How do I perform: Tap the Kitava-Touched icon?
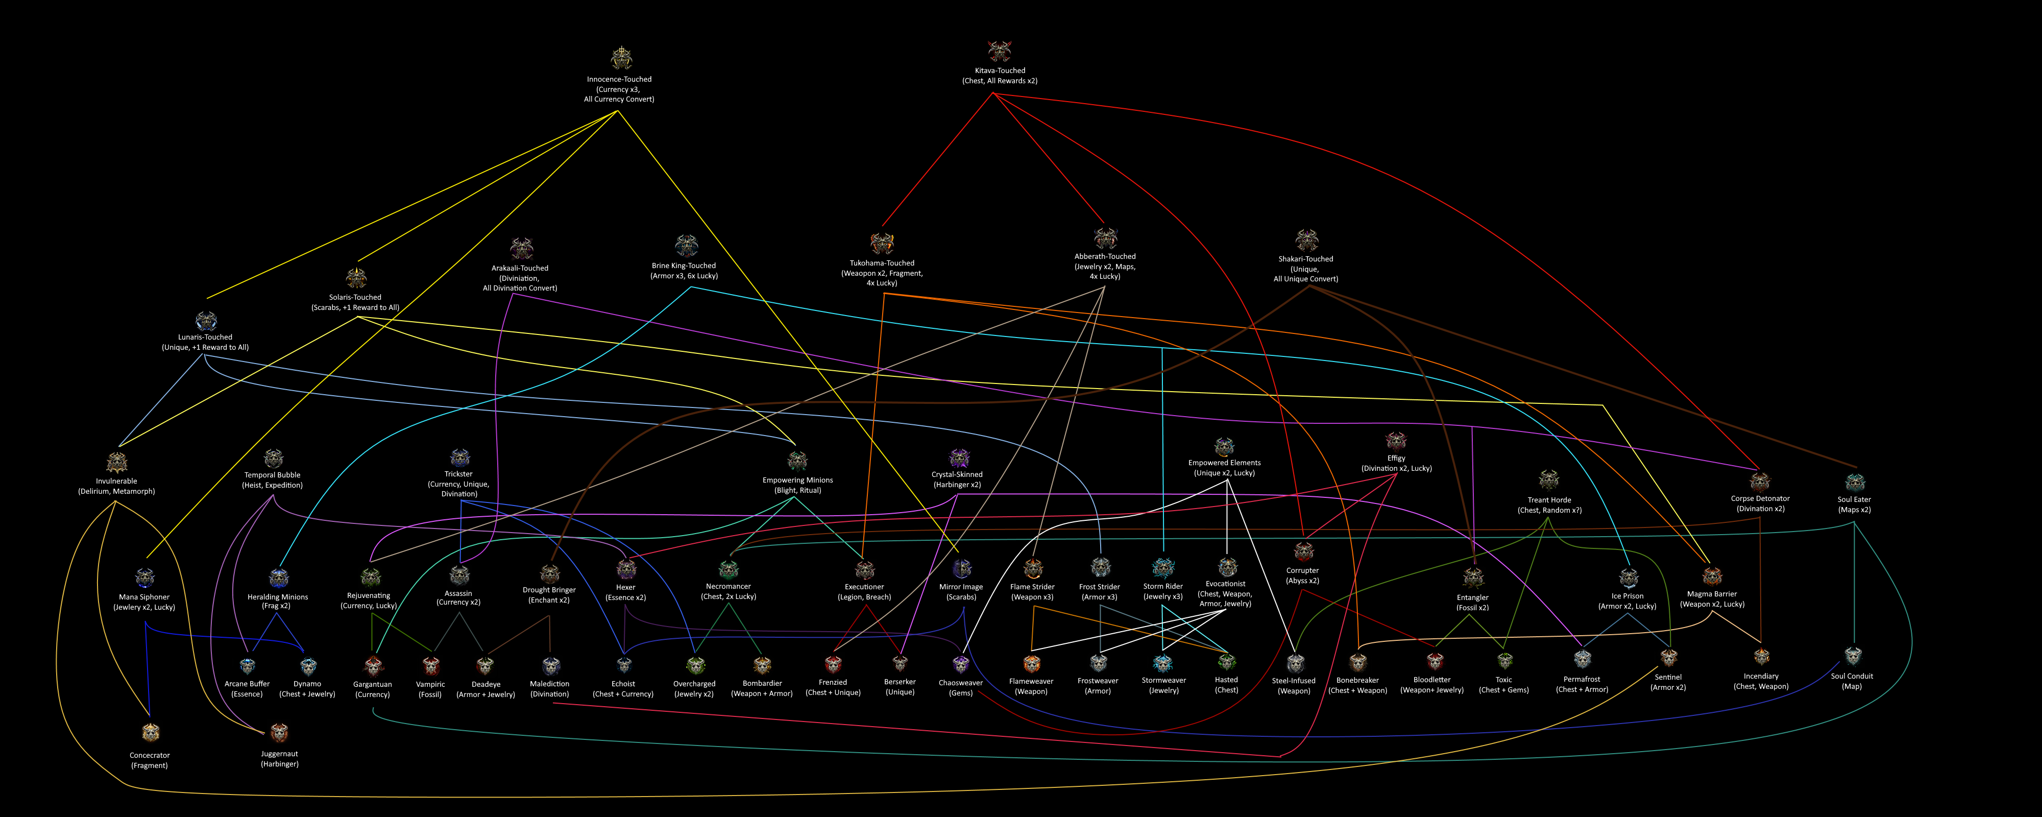pos(1000,51)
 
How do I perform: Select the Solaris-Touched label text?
pos(355,302)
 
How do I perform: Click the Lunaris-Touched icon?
pos(206,321)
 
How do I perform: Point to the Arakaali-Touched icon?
pos(521,248)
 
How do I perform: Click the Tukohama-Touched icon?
pos(882,243)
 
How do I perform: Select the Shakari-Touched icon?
pos(1306,239)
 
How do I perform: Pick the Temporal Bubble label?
pos(272,480)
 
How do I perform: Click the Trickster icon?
pos(460,458)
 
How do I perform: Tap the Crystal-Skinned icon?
pos(959,458)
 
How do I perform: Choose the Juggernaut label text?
pos(280,759)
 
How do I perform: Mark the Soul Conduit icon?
pos(1853,657)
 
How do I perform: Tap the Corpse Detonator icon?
pos(1760,480)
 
